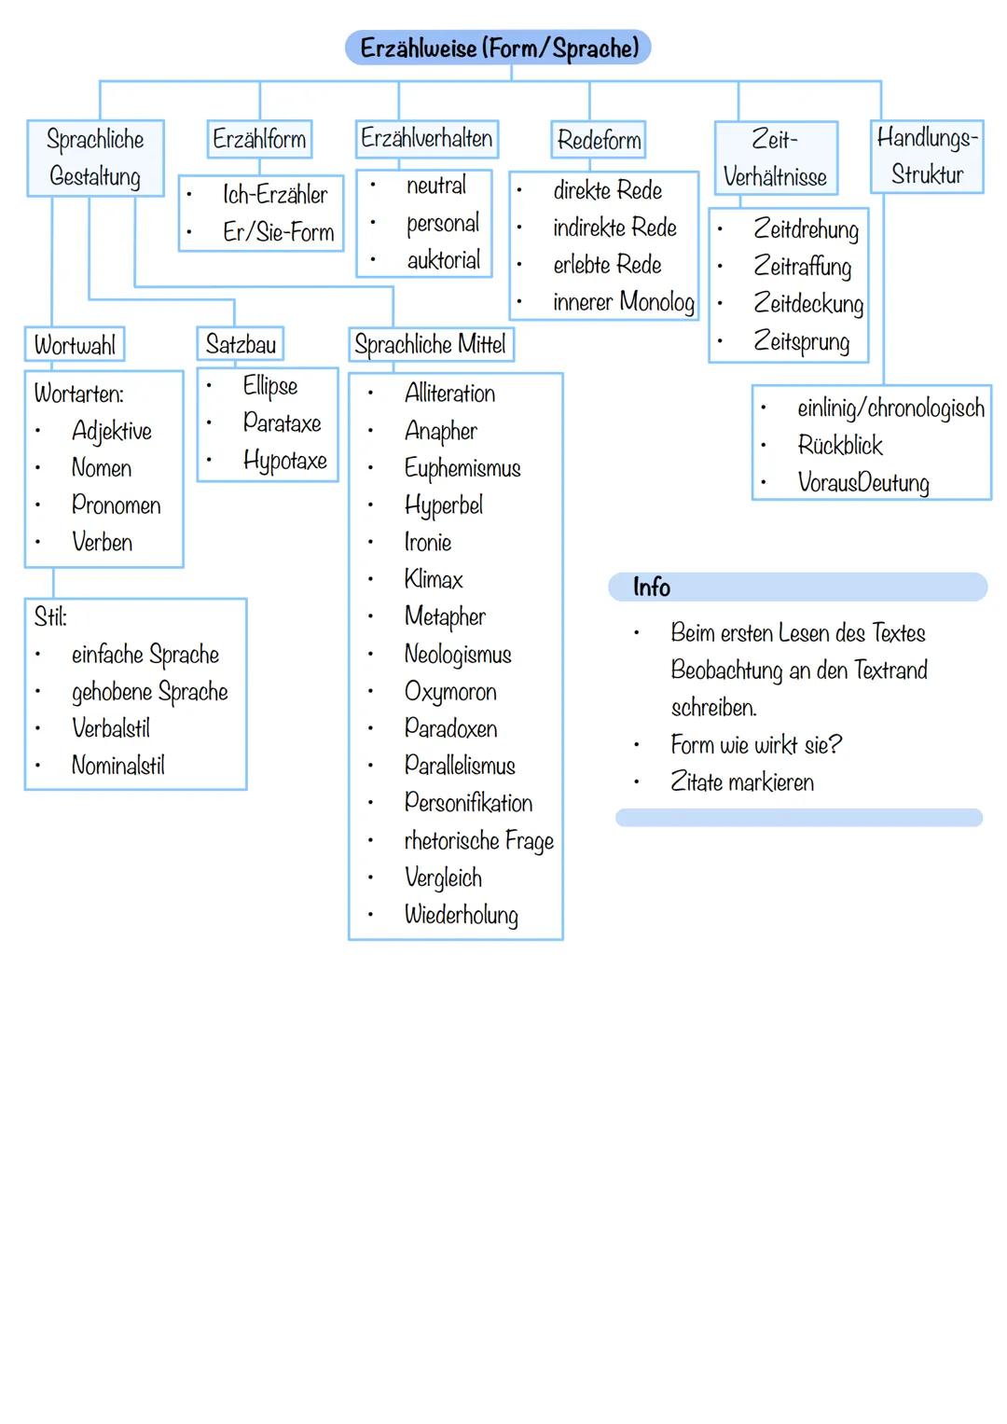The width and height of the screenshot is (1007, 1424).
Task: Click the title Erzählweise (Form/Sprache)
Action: click(x=499, y=48)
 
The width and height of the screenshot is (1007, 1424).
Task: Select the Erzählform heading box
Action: click(x=259, y=140)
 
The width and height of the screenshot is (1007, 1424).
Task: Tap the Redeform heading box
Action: click(x=599, y=141)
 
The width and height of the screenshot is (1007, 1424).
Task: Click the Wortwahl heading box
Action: click(x=75, y=345)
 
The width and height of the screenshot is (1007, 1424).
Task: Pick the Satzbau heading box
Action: click(x=241, y=344)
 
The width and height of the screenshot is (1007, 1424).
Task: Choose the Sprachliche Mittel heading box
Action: click(x=431, y=345)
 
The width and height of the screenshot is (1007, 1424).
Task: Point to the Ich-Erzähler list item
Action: click(x=275, y=195)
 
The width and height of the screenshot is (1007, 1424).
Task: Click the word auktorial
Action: click(x=444, y=260)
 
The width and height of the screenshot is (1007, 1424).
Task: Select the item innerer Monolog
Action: click(x=623, y=302)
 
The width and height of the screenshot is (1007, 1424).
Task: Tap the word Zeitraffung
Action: click(x=802, y=267)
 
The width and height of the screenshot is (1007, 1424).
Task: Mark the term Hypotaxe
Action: click(x=284, y=461)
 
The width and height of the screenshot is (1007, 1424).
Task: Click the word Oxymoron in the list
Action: click(x=450, y=692)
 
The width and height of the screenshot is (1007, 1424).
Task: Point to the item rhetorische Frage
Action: click(x=478, y=841)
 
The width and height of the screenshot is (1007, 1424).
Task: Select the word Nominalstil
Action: click(x=118, y=766)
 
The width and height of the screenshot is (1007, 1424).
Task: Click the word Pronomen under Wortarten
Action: click(x=116, y=505)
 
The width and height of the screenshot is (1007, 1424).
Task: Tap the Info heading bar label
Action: click(x=651, y=588)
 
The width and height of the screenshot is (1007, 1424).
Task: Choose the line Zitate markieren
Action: click(x=742, y=782)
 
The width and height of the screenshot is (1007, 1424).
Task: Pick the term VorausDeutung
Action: click(x=863, y=483)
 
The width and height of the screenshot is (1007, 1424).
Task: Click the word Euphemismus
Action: click(x=462, y=468)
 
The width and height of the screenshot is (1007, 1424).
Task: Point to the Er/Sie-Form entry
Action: click(x=278, y=232)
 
